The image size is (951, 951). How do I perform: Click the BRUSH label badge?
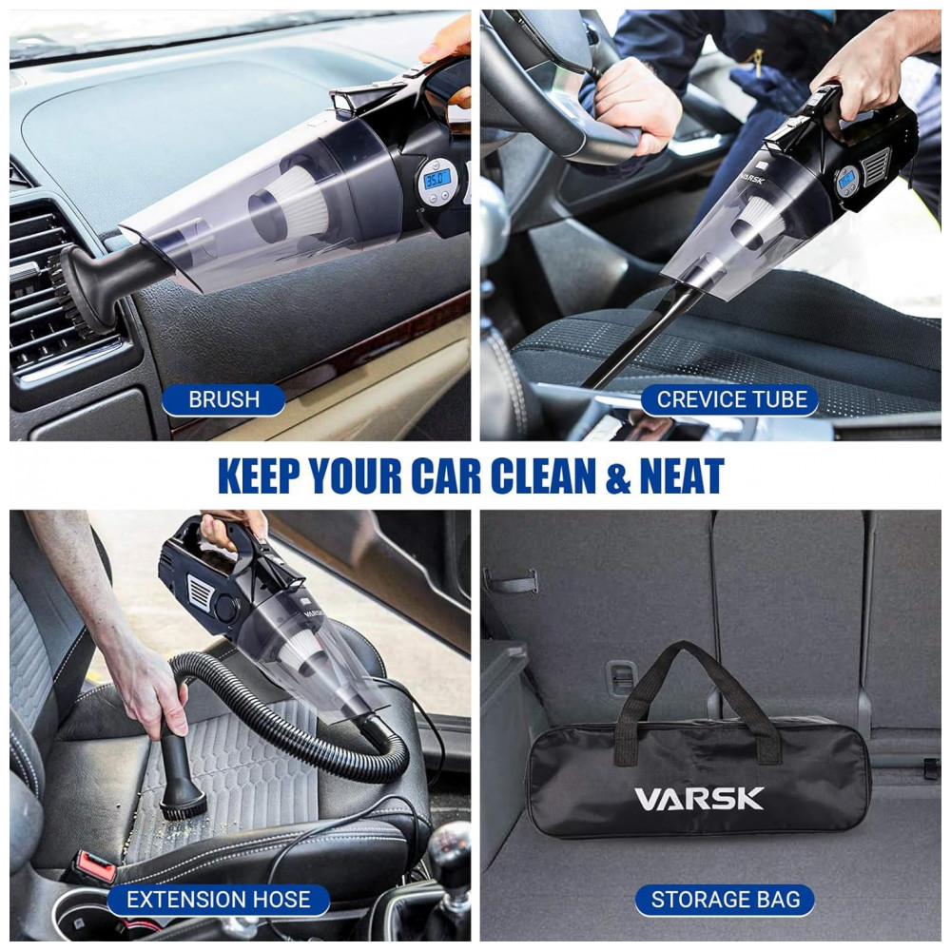[x=223, y=399]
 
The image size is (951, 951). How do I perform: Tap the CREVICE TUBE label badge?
[x=730, y=399]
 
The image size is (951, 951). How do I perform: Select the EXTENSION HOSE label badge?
[x=218, y=899]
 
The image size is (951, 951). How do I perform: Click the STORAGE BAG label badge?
[x=726, y=899]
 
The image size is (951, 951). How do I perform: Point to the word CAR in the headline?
[x=446, y=476]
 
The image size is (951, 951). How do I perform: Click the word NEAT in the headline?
[x=682, y=476]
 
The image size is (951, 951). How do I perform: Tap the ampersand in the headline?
[x=618, y=477]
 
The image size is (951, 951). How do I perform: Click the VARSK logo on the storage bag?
[x=699, y=799]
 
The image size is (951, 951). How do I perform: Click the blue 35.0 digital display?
[x=437, y=179]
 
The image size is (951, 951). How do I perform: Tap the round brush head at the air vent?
[x=69, y=289]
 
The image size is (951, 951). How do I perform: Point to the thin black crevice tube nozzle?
[x=642, y=338]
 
